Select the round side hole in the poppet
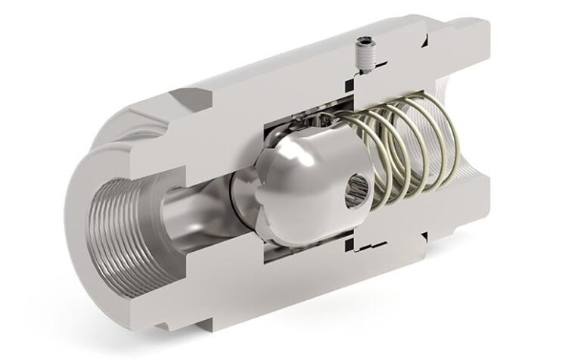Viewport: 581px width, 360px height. click(353, 192)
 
